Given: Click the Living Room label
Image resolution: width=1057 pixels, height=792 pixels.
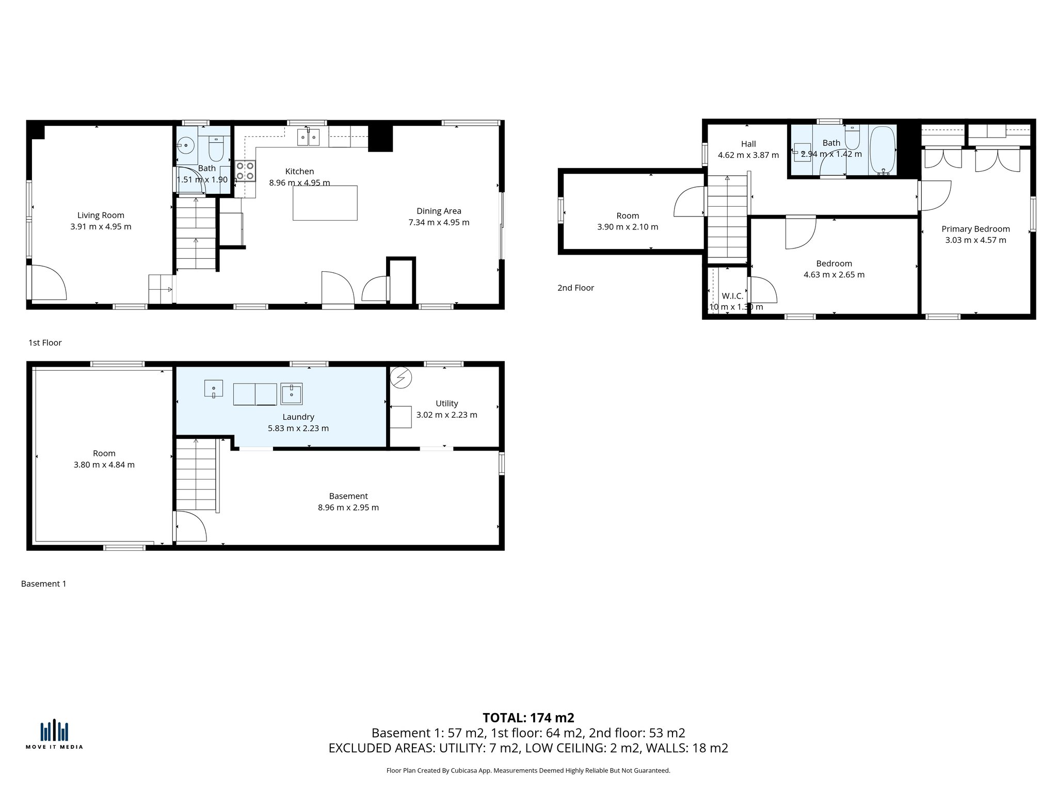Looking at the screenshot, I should pos(101,216).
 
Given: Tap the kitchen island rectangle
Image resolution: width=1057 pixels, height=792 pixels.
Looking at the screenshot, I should pos(325,203).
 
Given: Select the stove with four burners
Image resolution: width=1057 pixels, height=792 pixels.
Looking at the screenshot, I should pos(245,171).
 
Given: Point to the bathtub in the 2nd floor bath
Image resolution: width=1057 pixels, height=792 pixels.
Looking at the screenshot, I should pos(883,150).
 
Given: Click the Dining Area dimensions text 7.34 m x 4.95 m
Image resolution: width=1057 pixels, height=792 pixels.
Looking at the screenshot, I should pos(439,222).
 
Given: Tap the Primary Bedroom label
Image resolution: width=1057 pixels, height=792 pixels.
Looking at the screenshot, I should pos(975,229).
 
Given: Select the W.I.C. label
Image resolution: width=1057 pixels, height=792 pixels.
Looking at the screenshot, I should pos(732,296).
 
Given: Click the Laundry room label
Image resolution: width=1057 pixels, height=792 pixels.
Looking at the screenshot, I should pos(298,417).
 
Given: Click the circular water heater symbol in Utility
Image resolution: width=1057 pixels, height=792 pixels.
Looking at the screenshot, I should pos(401,378).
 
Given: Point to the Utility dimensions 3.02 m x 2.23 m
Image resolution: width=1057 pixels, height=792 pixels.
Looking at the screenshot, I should pos(446,415).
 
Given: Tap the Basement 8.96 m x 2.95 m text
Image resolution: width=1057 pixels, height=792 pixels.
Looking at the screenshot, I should pos(348,507).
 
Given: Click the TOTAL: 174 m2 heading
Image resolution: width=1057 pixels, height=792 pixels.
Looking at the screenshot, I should pos(528,718).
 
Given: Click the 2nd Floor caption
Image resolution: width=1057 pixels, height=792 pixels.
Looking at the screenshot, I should pos(575,288).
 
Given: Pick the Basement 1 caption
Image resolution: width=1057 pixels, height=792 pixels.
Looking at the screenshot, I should pos(43,584).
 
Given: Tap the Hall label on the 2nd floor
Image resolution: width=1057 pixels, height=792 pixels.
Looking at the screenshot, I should pos(748,144).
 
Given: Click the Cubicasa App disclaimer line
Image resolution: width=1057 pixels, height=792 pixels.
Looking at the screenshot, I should pos(528,771).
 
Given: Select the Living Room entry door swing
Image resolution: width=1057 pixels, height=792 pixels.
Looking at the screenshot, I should pos(47,283).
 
